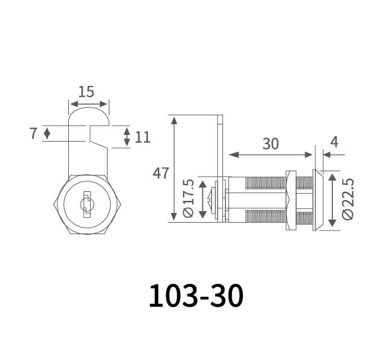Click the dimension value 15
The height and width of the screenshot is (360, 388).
(x=86, y=91)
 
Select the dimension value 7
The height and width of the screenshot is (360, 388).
(x=33, y=133)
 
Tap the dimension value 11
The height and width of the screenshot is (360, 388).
(x=142, y=137)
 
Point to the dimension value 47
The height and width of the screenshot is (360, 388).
(x=160, y=173)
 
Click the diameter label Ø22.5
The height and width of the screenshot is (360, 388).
(x=347, y=199)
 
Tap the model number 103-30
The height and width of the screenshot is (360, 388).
(x=196, y=295)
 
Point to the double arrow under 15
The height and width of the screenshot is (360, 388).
(x=88, y=104)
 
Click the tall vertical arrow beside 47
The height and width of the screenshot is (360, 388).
(x=174, y=169)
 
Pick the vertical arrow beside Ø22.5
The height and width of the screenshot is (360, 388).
(x=331, y=200)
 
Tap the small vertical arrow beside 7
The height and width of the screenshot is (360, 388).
(x=48, y=134)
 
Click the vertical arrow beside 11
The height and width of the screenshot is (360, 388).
(x=126, y=137)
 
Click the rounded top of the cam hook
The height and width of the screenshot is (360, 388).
(x=88, y=111)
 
